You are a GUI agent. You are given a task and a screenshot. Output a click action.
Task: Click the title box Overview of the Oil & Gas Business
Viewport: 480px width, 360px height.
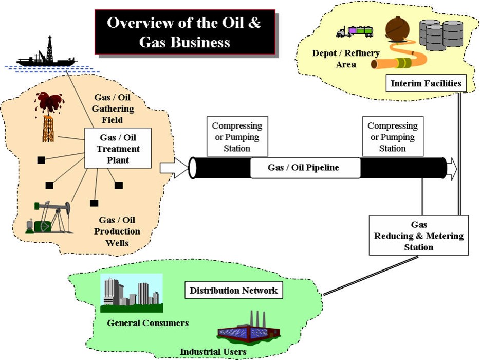[184, 31]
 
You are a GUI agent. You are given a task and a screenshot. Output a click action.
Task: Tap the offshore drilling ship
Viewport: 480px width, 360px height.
[46, 57]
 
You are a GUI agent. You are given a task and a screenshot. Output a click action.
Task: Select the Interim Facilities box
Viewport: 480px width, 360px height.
[426, 83]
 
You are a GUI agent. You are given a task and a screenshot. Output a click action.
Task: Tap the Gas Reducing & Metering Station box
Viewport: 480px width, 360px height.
[418, 236]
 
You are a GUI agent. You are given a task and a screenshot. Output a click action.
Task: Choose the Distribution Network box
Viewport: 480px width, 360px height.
[233, 291]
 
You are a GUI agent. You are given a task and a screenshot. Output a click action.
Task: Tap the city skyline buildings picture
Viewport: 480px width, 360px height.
[132, 293]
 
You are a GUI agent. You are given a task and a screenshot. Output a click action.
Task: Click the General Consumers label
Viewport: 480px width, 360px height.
[147, 323]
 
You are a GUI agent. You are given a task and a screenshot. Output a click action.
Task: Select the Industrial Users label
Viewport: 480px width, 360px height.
[213, 352]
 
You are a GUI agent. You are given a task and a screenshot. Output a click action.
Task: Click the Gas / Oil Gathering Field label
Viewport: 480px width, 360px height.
[114, 109]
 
